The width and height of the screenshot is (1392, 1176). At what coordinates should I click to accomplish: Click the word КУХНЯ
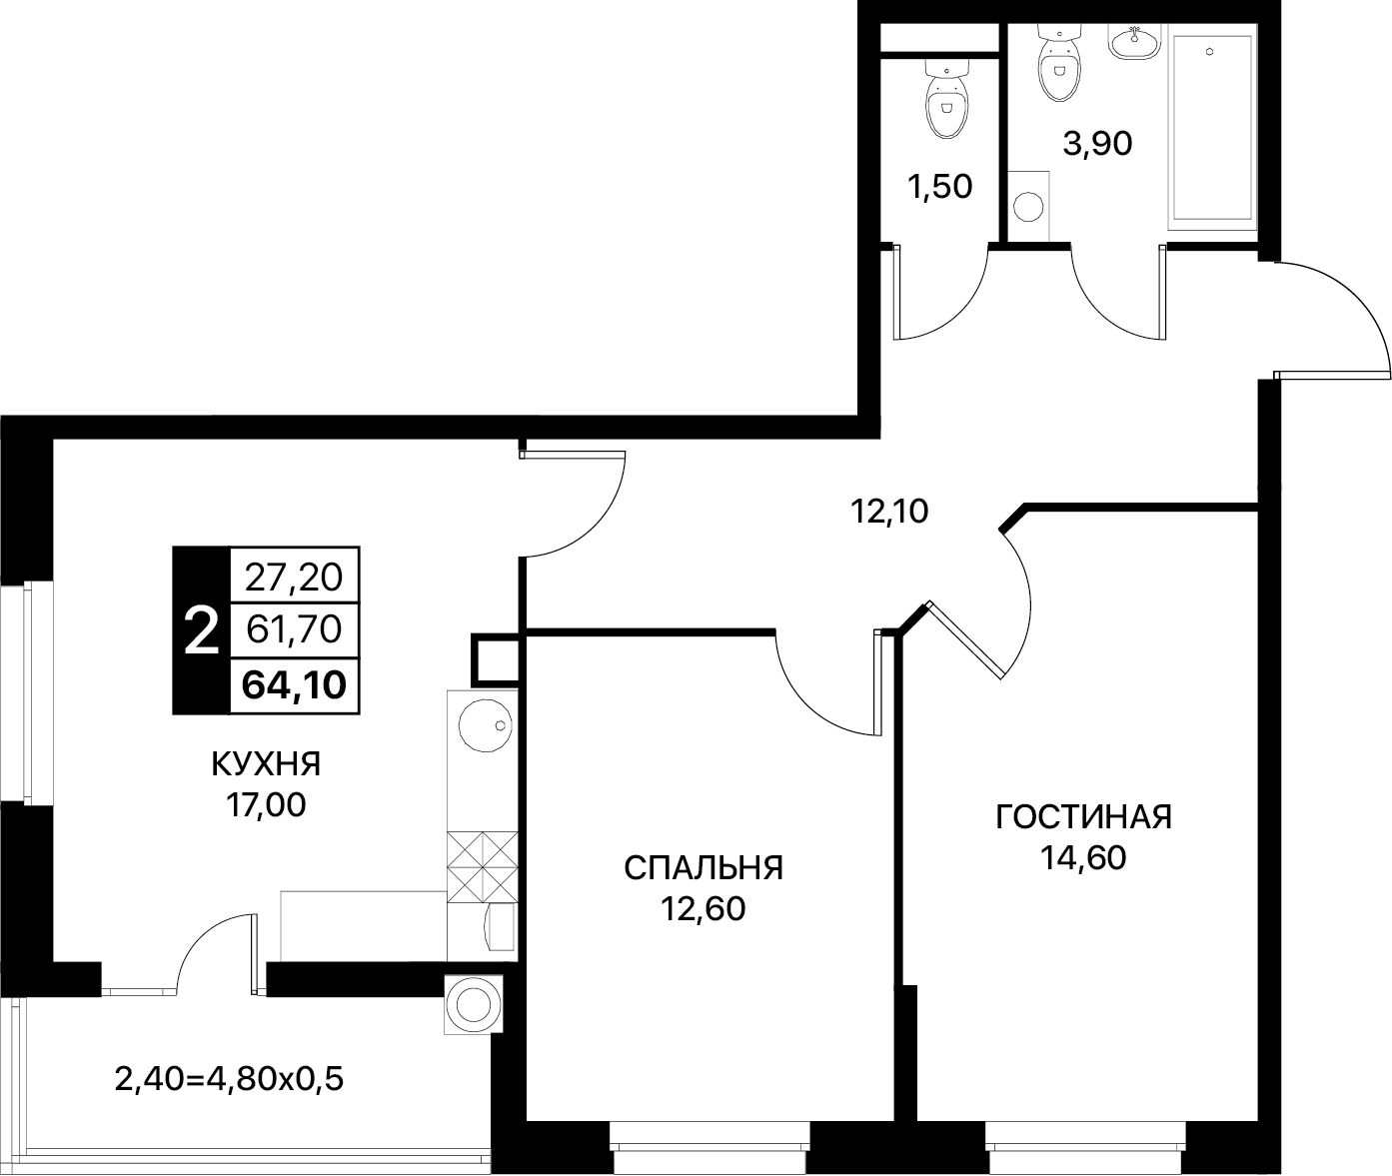pyautogui.click(x=266, y=764)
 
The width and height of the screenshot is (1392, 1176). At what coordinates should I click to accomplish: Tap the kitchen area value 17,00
pyautogui.click(x=266, y=805)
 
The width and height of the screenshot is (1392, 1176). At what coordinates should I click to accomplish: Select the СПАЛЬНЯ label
pyautogui.click(x=703, y=868)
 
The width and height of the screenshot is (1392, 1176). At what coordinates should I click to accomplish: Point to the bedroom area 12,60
pyautogui.click(x=703, y=909)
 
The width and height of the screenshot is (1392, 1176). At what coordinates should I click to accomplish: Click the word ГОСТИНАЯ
pyautogui.click(x=1083, y=816)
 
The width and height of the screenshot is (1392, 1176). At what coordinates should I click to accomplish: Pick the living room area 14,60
pyautogui.click(x=1083, y=858)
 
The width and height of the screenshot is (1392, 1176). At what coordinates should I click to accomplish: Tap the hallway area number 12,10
pyautogui.click(x=889, y=512)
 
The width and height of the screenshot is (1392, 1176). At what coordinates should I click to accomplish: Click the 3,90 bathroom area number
pyautogui.click(x=1097, y=143)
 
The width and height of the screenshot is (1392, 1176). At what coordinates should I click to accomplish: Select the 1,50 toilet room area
pyautogui.click(x=940, y=187)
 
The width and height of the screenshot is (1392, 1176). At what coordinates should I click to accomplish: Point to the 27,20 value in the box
pyautogui.click(x=294, y=578)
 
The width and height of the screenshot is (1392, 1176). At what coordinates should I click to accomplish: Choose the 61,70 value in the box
pyautogui.click(x=294, y=629)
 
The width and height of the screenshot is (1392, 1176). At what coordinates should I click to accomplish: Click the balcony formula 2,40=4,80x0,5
pyautogui.click(x=229, y=1079)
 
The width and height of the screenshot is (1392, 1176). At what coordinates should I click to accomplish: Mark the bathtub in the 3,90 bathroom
pyautogui.click(x=1212, y=127)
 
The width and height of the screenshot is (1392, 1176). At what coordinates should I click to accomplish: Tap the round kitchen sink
pyautogui.click(x=486, y=725)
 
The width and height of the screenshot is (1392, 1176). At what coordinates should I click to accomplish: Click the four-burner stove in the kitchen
pyautogui.click(x=482, y=866)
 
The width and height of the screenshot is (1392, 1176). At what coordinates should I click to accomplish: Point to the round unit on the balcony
pyautogui.click(x=474, y=1004)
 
